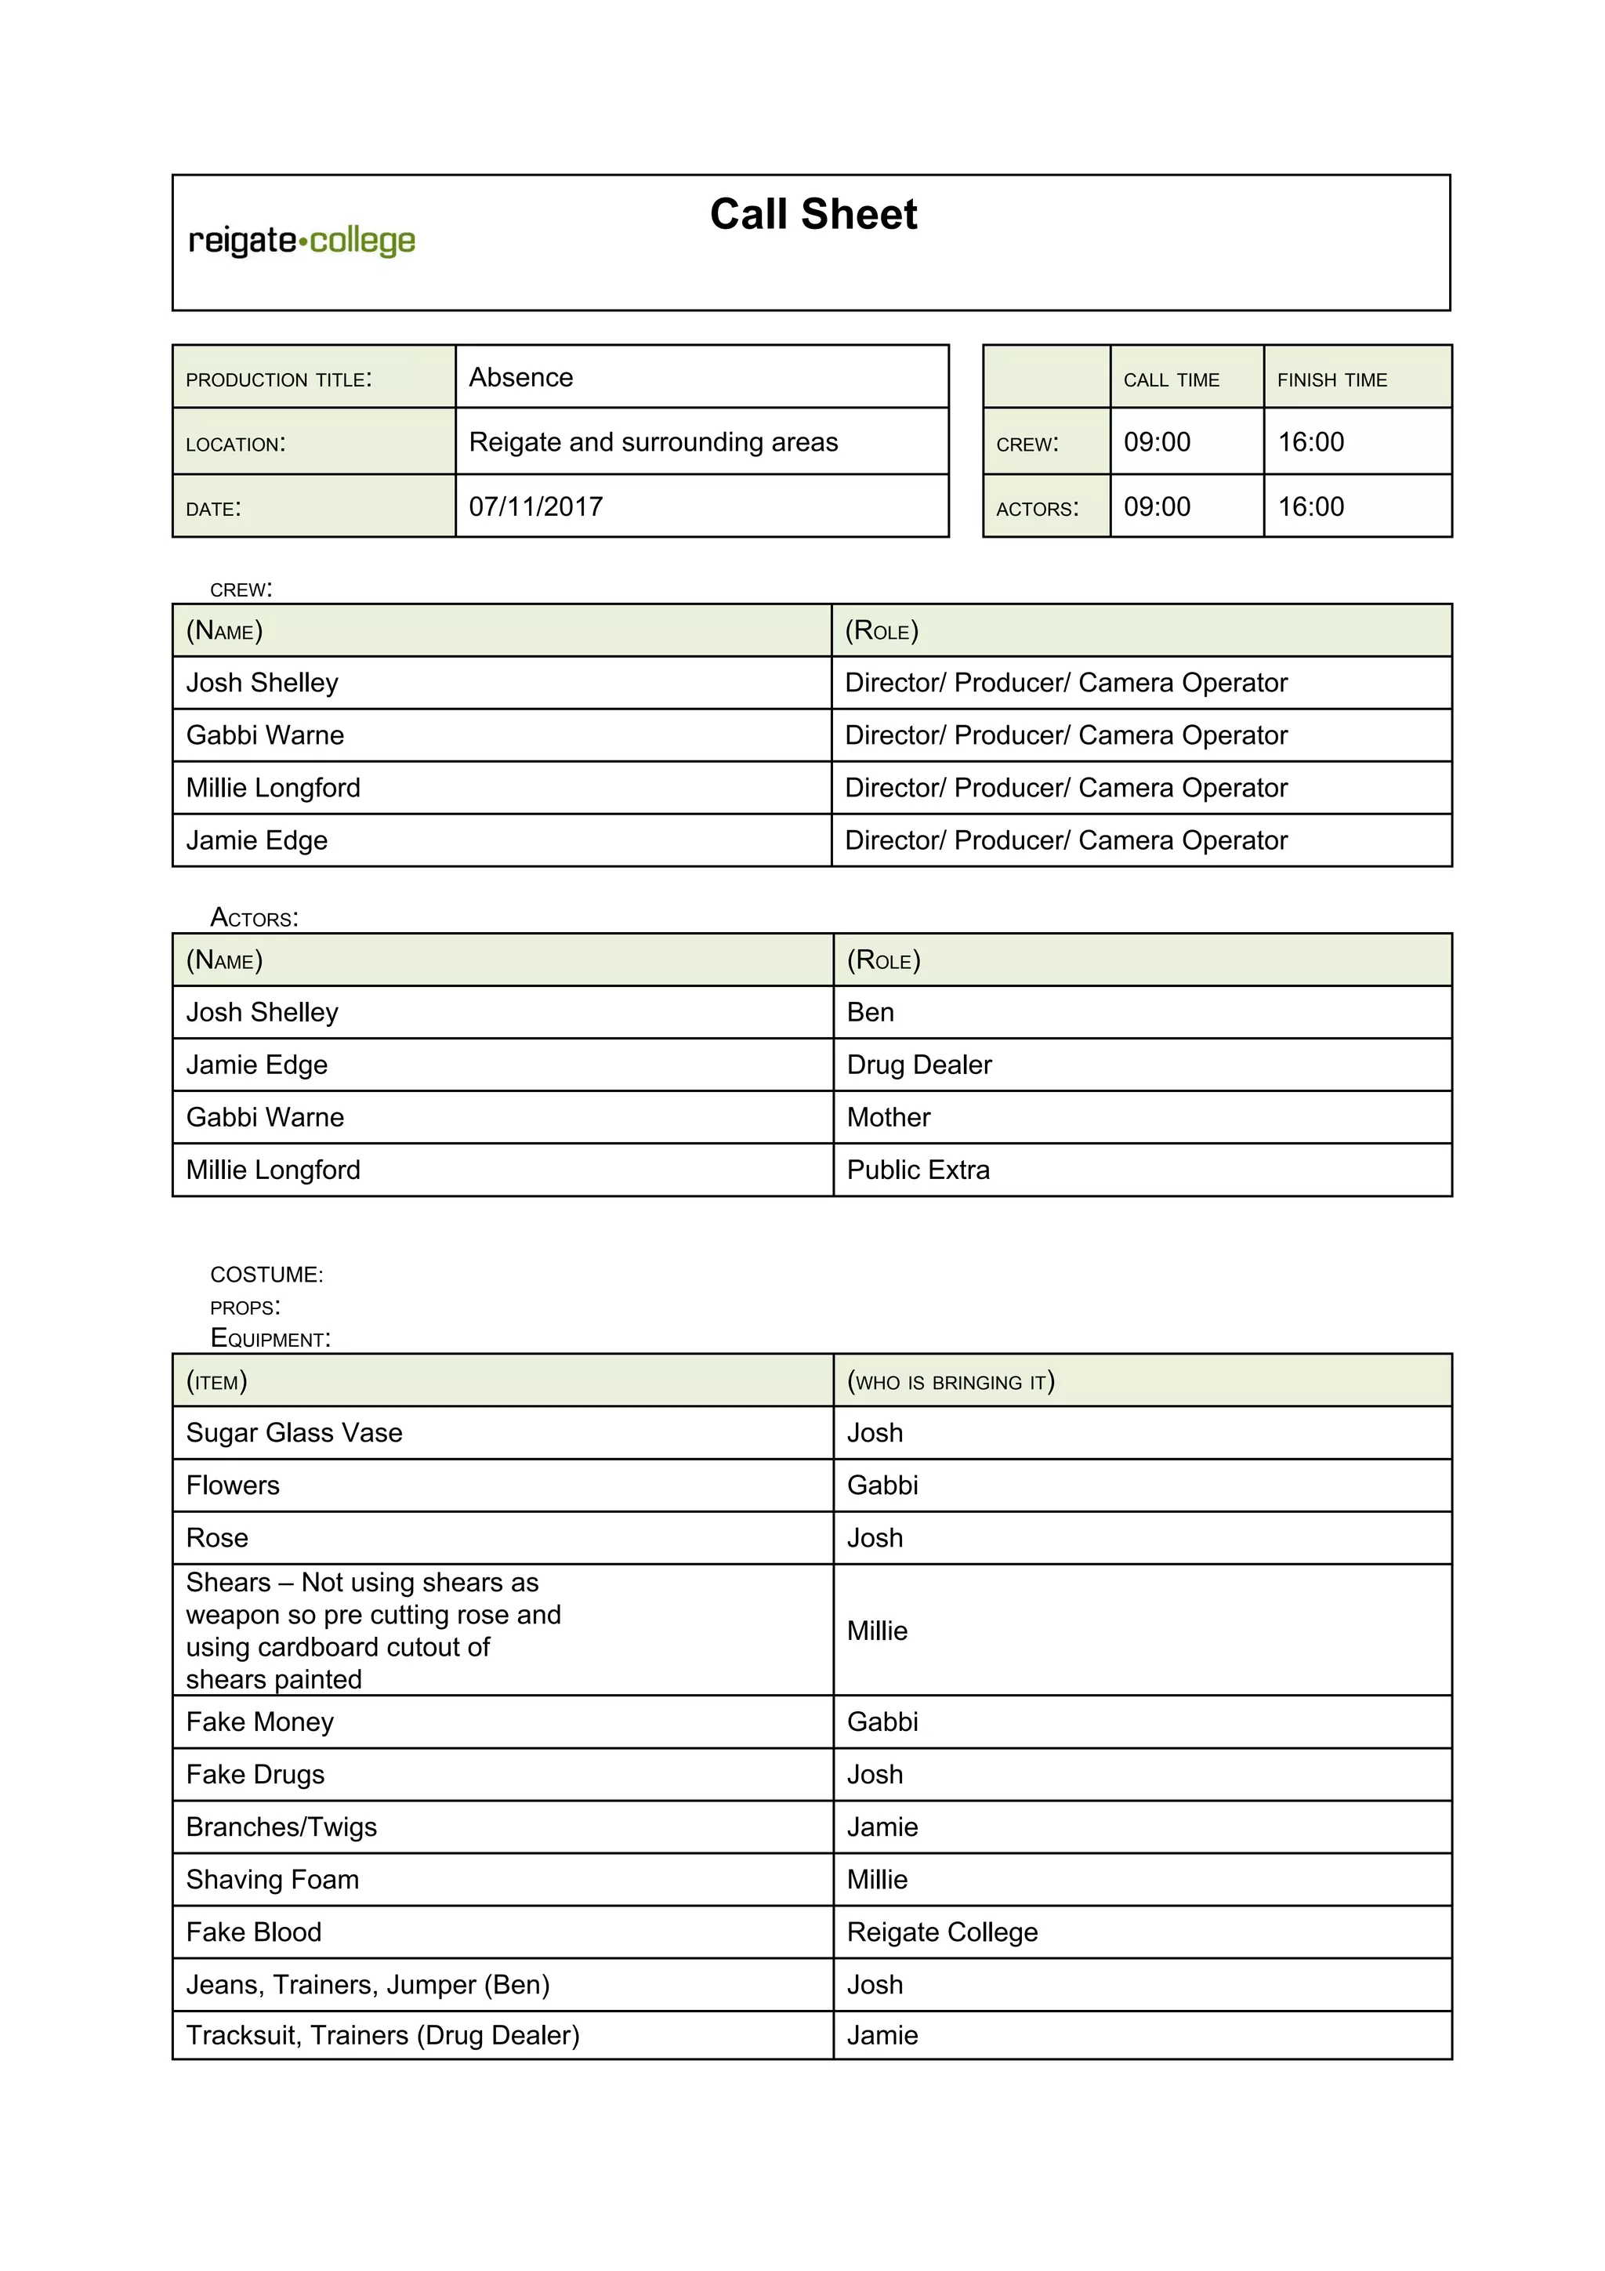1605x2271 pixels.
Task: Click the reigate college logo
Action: pos(302,241)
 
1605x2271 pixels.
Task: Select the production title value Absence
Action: pos(521,378)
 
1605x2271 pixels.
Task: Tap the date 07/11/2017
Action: pos(535,506)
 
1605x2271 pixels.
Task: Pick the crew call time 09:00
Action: pos(1156,442)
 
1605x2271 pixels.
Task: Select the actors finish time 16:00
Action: pos(1310,506)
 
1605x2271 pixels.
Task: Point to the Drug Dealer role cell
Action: pos(918,1065)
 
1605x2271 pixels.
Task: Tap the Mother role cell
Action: pos(888,1117)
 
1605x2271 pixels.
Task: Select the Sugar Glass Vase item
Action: pos(294,1432)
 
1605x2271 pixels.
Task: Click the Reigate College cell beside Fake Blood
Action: pos(941,1932)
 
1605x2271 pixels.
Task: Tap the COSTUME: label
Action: pos(266,1274)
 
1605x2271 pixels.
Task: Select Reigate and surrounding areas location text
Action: pos(653,442)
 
